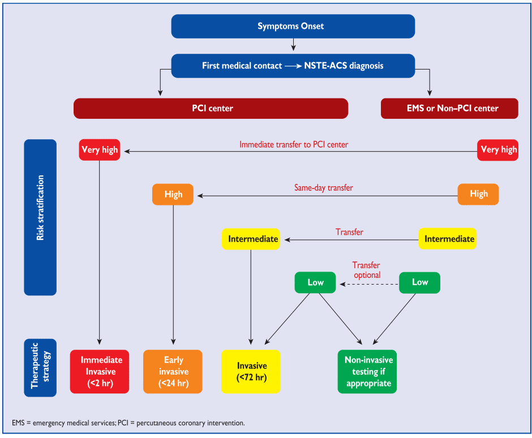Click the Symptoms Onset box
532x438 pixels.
click(293, 26)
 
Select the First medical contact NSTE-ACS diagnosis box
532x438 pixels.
click(293, 66)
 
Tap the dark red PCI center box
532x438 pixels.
click(211, 108)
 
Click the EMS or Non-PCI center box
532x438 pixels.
click(449, 108)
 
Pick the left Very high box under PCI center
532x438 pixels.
click(100, 150)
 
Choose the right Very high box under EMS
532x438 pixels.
click(498, 150)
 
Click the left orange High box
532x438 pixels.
click(173, 194)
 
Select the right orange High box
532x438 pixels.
click(478, 194)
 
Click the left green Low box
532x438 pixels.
click(315, 282)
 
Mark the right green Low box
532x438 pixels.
click(419, 282)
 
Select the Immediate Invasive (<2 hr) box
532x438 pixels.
click(100, 371)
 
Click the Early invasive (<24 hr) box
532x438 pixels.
click(173, 371)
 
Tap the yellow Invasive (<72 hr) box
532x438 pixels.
click(251, 371)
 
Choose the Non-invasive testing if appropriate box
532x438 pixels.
click(367, 371)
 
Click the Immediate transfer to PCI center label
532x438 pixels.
click(293, 144)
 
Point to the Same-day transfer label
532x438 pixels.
click(323, 187)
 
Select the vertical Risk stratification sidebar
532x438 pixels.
click(40, 217)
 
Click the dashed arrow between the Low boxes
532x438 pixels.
click(367, 282)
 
